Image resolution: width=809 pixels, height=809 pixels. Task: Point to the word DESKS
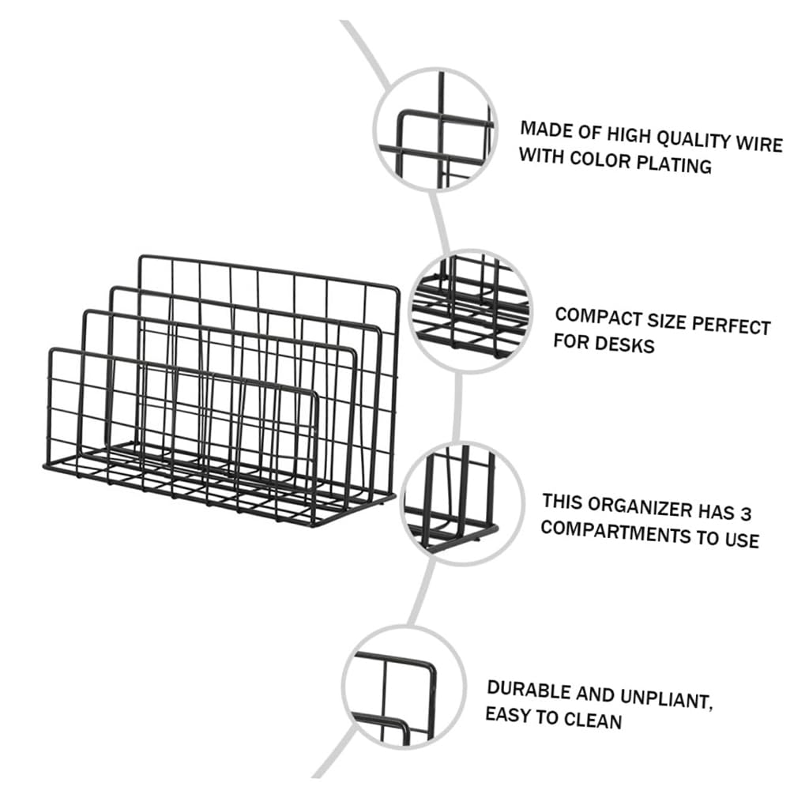(627, 345)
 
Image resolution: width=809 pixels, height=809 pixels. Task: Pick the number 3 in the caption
(745, 514)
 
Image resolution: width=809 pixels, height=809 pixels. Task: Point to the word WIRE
(760, 144)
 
